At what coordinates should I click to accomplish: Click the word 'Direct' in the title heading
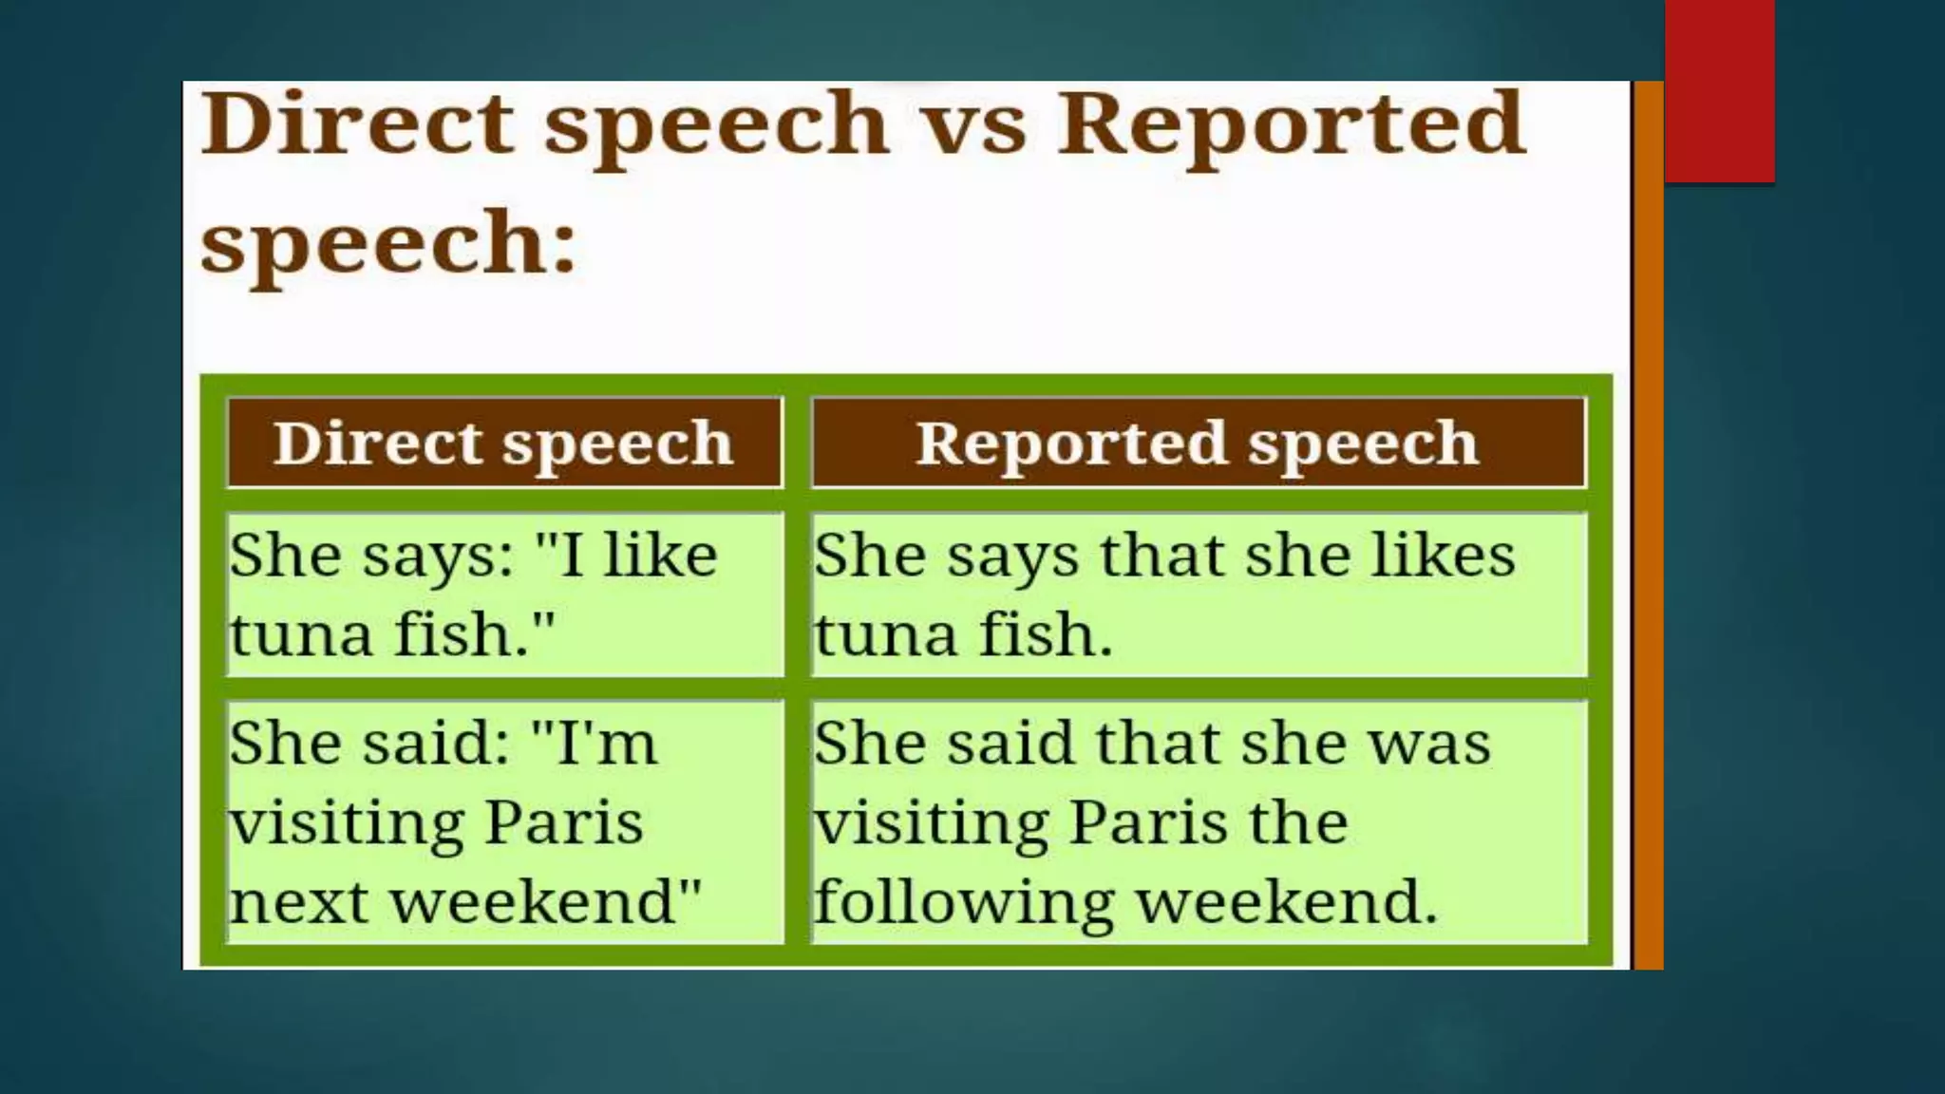point(357,123)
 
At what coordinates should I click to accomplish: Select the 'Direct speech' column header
point(504,443)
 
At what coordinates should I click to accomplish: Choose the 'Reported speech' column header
point(1198,443)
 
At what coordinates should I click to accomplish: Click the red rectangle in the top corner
point(1719,90)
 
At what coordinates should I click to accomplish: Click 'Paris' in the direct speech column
point(564,822)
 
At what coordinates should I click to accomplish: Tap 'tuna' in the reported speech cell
point(885,634)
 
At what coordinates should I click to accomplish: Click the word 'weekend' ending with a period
point(1287,902)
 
